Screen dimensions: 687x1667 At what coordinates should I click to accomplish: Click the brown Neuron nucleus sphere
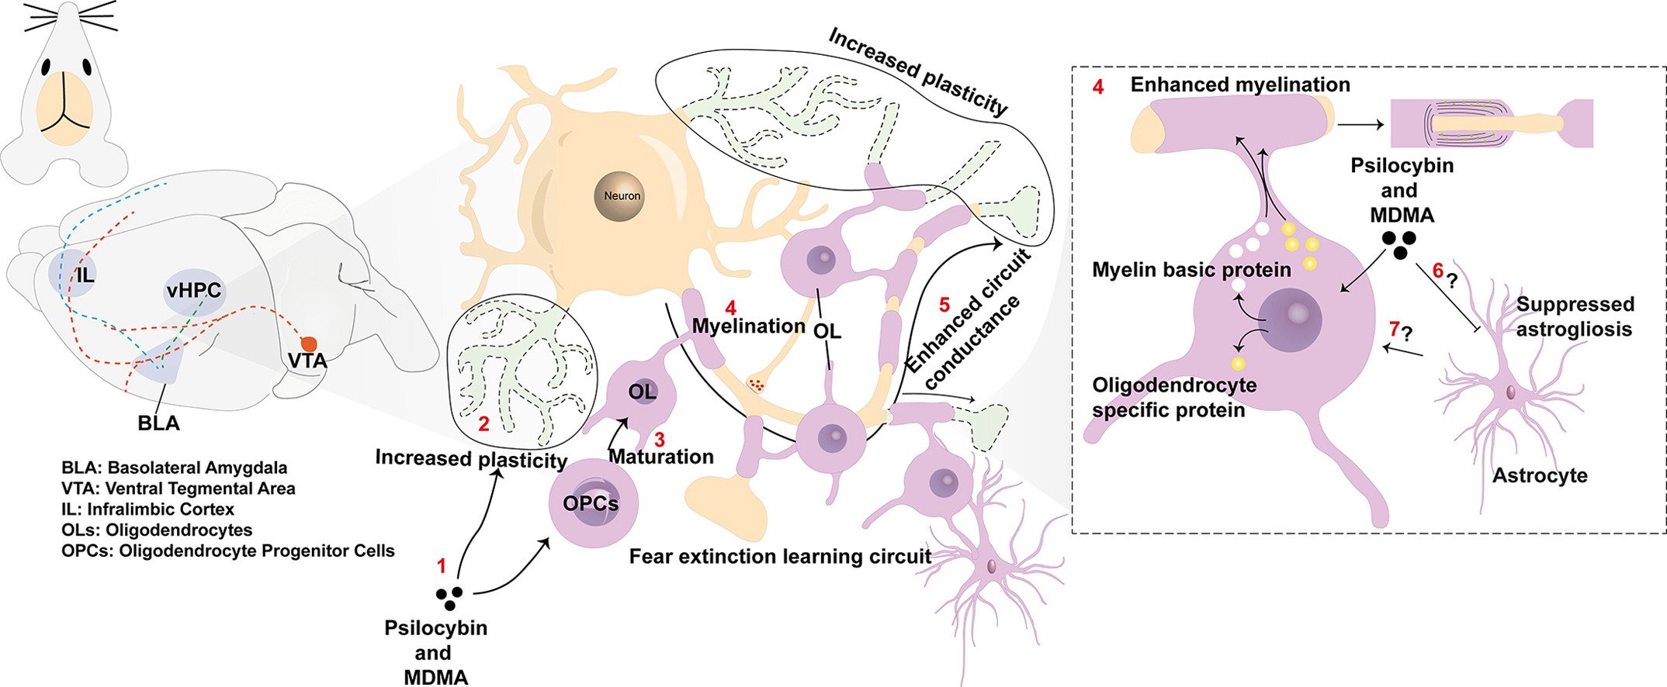[x=622, y=195]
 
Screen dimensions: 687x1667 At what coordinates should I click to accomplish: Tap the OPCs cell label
[x=591, y=504]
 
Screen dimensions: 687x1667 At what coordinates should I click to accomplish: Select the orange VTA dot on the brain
[x=309, y=343]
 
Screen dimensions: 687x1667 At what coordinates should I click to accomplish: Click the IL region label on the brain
[x=85, y=274]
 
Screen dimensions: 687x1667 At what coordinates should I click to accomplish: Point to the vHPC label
[x=193, y=291]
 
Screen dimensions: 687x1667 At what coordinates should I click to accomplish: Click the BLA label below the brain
[x=158, y=423]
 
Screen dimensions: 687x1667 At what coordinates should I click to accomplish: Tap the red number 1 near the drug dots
[x=442, y=566]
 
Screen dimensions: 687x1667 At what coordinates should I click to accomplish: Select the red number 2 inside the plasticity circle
[x=483, y=424]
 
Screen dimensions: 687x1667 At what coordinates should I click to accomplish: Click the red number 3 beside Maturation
[x=659, y=440]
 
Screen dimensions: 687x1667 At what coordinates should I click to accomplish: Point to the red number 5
[x=944, y=305]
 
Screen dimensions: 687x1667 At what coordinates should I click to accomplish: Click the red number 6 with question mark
[x=1437, y=271]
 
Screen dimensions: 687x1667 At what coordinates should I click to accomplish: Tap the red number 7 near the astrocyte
[x=1394, y=330]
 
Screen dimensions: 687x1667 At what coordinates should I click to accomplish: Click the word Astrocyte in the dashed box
[x=1540, y=475]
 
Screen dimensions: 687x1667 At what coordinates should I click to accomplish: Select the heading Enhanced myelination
[x=1239, y=85]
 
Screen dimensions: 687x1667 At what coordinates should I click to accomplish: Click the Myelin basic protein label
[x=1191, y=270]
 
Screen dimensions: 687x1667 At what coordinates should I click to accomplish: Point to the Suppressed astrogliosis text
[x=1573, y=316]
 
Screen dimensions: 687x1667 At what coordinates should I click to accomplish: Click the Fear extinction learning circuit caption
[x=780, y=557]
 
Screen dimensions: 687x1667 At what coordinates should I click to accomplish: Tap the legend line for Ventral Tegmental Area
[x=178, y=488]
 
